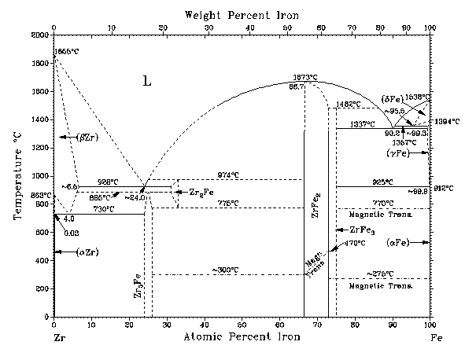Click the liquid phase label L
pyautogui.click(x=146, y=80)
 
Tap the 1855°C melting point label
pyautogui.click(x=65, y=51)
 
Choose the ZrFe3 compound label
pyautogui.click(x=357, y=229)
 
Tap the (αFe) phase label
pyautogui.click(x=400, y=243)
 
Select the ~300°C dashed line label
pyautogui.click(x=226, y=270)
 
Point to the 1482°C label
pyautogui.click(x=348, y=104)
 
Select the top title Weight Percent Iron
pyautogui.click(x=241, y=15)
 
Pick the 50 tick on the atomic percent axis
pyautogui.click(x=242, y=325)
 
